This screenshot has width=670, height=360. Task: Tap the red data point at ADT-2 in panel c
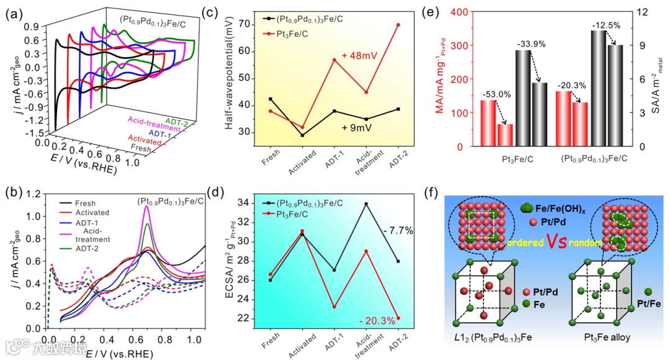pyautogui.click(x=398, y=25)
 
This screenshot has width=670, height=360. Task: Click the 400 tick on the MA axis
pyautogui.click(x=461, y=12)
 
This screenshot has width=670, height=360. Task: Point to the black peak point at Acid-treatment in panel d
pyautogui.click(x=366, y=204)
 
